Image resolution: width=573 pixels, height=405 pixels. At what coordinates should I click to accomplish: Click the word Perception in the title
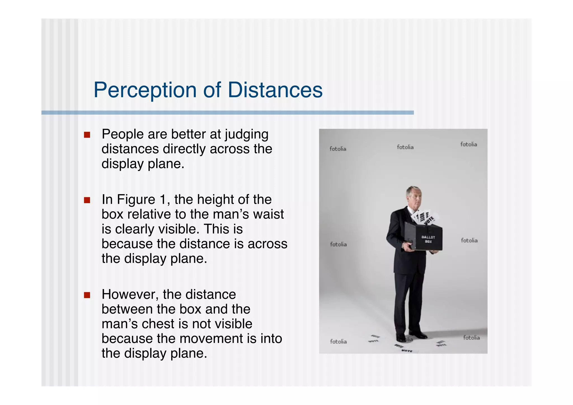click(145, 90)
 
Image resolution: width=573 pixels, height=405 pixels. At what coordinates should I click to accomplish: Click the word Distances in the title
click(275, 90)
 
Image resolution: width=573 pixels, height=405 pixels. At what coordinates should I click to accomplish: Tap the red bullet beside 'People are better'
click(87, 135)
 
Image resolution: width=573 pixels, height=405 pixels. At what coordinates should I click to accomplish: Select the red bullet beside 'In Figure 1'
click(87, 200)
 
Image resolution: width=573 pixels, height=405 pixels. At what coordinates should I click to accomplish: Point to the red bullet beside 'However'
click(87, 295)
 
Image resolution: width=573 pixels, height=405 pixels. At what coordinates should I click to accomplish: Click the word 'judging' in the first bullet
click(246, 135)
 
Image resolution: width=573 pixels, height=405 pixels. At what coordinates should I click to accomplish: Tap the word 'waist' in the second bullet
click(268, 214)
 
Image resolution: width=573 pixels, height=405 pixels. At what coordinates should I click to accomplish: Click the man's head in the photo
click(414, 196)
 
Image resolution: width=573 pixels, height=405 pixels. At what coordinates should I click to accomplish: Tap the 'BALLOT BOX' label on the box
click(428, 239)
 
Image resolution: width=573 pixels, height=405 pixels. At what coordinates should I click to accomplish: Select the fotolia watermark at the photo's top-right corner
click(469, 144)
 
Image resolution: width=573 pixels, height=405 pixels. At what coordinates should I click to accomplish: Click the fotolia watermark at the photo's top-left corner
click(338, 149)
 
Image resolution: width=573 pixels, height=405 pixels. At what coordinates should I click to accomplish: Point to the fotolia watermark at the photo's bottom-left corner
click(338, 341)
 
